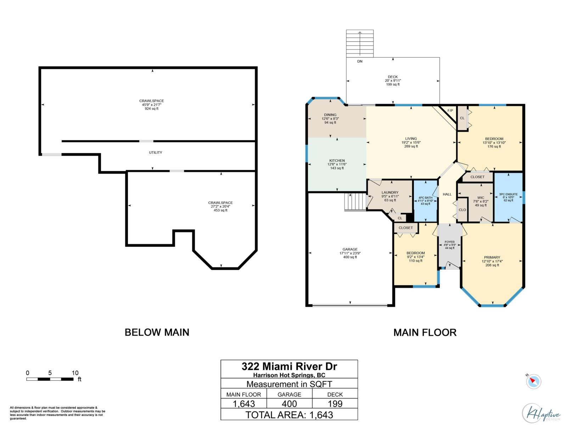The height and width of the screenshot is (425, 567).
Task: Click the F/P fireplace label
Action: pos(450,111)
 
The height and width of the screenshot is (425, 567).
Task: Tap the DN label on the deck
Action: pos(360,62)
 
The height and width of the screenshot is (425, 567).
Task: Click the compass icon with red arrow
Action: pos(533,381)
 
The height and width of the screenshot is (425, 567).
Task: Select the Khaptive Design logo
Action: pos(541,413)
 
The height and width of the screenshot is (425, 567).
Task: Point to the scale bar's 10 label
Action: pos(75,373)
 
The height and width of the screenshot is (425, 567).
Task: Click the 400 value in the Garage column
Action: pos(289,404)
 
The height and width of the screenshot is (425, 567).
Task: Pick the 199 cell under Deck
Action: pos(335,404)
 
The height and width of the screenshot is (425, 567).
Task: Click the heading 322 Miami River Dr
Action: pos(289,366)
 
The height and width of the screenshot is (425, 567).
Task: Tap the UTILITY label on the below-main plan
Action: pos(156,153)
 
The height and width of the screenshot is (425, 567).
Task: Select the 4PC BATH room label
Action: pos(425,198)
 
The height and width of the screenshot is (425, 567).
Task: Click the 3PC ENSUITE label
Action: pos(508,194)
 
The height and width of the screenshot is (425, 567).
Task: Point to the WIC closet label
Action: pos(481,198)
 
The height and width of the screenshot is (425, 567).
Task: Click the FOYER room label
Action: pos(449,242)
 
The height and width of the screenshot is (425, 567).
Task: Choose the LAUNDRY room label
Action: pos(390,193)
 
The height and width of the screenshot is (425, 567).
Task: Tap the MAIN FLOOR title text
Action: pos(425,333)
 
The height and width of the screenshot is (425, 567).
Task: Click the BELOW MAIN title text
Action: pos(157,333)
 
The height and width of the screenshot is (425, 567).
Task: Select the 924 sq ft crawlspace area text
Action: pos(152,109)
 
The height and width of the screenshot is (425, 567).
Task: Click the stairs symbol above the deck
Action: pos(360,43)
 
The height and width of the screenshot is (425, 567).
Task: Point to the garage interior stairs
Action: pos(355,202)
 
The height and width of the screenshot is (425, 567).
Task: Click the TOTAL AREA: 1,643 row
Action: pos(289,415)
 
